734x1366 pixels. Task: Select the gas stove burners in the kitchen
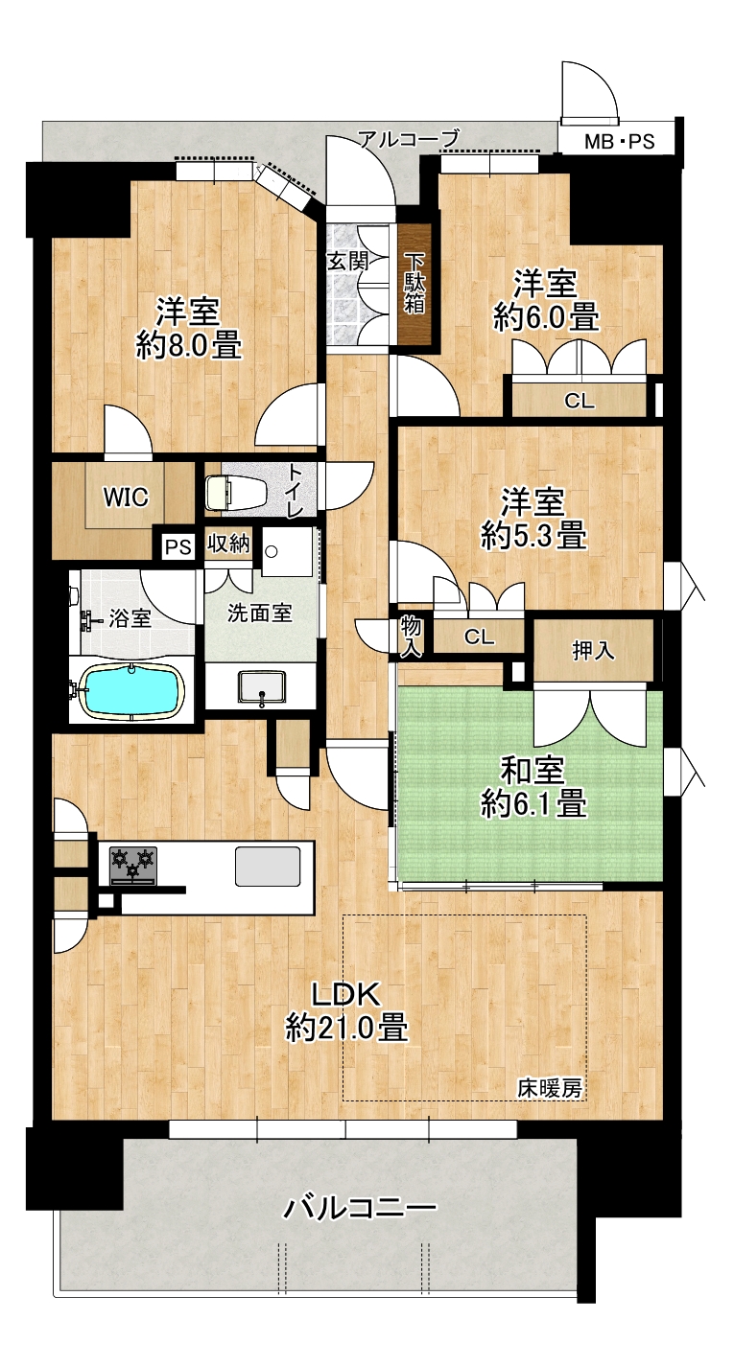click(x=133, y=865)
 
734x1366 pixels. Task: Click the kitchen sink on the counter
click(x=269, y=866)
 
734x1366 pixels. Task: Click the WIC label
click(x=126, y=498)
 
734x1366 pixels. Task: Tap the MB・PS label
click(x=619, y=142)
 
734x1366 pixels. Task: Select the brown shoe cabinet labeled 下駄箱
click(x=414, y=286)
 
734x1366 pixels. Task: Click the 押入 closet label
click(x=592, y=651)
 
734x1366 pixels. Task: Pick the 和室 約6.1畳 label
click(x=533, y=787)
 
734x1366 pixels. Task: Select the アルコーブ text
click(x=409, y=138)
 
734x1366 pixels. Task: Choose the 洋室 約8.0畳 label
click(x=188, y=330)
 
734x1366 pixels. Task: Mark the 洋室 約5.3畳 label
click(x=533, y=520)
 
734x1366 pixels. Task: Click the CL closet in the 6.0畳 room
click(x=579, y=401)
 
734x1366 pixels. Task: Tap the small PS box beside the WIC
click(x=178, y=546)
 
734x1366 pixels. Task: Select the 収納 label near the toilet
click(x=228, y=544)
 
